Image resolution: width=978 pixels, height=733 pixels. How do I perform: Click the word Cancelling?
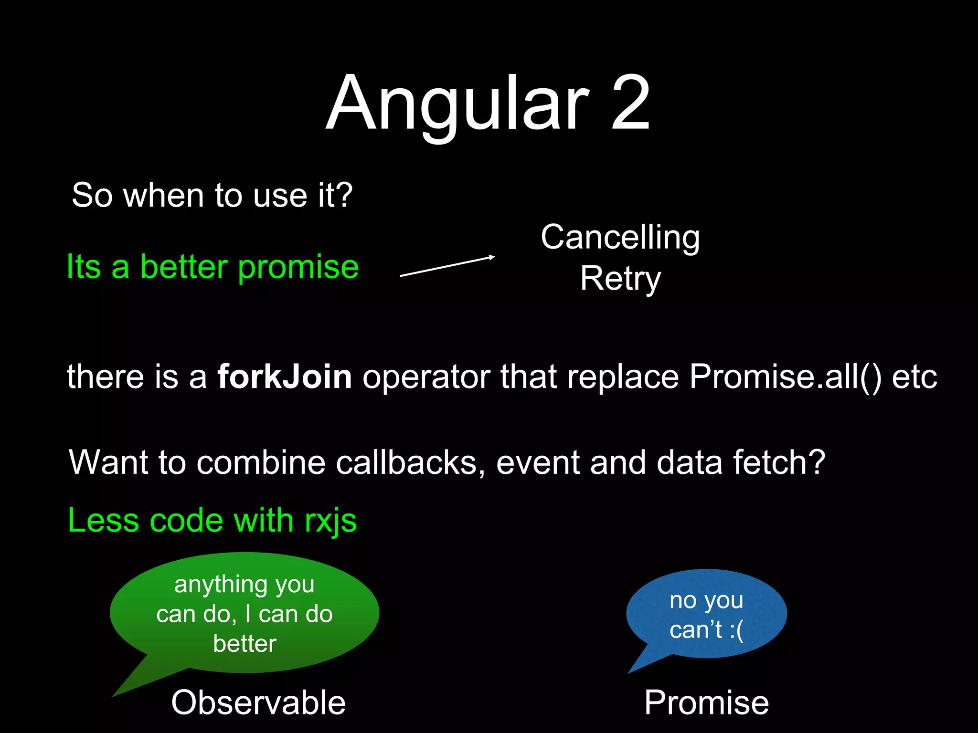coord(620,238)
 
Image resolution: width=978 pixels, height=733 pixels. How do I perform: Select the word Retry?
coord(620,279)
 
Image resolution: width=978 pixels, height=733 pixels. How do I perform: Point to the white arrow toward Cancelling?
coord(447,266)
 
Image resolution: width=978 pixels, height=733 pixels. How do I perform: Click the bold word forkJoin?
coord(285,377)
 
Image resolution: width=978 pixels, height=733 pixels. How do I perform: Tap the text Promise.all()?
coord(785,377)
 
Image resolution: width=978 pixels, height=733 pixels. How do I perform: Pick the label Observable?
coord(258,703)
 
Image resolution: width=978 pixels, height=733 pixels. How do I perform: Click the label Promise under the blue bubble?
coord(706,703)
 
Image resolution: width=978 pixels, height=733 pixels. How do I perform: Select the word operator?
coord(426,377)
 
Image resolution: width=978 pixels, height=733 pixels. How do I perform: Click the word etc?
coord(914,377)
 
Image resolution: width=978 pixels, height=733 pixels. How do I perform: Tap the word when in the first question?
coord(164,196)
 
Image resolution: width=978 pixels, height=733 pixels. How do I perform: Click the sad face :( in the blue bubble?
coord(736,630)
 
